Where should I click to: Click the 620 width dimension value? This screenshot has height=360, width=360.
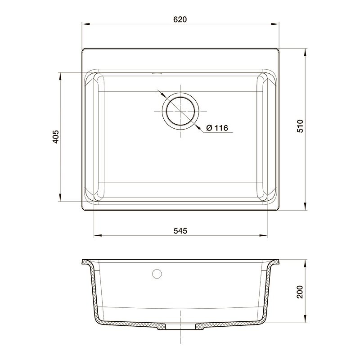(x=180, y=19)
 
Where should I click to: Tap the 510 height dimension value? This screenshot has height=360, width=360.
(x=300, y=126)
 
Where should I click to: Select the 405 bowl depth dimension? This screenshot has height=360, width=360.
(x=56, y=137)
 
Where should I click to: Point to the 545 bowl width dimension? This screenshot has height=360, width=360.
(x=180, y=230)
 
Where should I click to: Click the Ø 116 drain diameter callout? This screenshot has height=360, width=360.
(x=217, y=128)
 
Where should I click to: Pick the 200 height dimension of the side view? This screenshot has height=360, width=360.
(x=300, y=292)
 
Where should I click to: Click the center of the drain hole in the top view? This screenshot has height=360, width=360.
(x=180, y=111)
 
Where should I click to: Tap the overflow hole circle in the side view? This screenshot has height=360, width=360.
(x=157, y=274)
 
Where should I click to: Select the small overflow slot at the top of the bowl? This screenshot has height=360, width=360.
(x=157, y=74)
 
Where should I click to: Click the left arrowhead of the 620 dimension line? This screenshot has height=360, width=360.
(x=85, y=24)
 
